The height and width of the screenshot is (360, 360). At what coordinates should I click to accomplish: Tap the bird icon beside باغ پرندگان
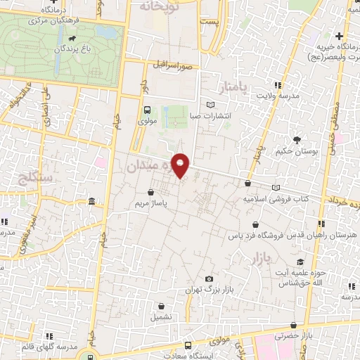point(84,50)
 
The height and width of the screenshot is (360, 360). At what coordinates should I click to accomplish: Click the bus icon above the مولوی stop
point(147,110)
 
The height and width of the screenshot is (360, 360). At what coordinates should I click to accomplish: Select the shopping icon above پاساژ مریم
point(150,192)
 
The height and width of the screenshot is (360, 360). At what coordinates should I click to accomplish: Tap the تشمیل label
point(162,316)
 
